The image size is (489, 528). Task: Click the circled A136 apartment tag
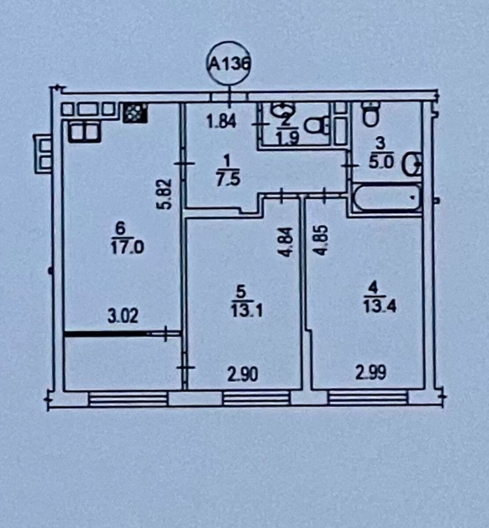coord(228,63)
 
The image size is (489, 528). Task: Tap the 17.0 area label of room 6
coord(128,248)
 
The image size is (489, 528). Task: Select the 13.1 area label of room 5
coord(247,310)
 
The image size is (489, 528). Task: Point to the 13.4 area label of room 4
coord(380,307)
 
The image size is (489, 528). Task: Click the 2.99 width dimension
coord(371,373)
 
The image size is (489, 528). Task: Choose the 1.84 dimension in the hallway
coord(222,122)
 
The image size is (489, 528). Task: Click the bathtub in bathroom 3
coord(387,198)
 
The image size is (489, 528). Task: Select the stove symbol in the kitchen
coord(135,113)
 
